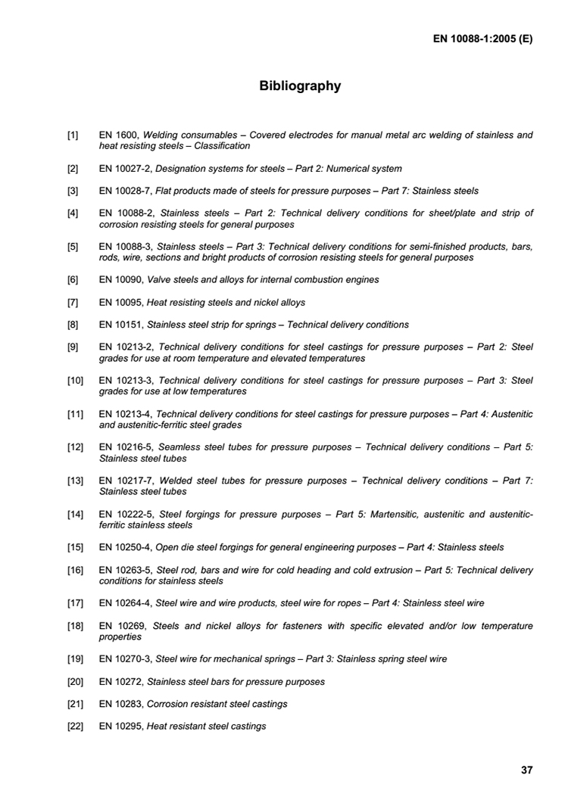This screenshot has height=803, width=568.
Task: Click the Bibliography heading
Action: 300,86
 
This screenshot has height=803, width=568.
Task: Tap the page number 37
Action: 526,770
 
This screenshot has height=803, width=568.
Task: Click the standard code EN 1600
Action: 119,135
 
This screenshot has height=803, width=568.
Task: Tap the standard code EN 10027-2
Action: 126,169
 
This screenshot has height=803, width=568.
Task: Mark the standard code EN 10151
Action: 121,325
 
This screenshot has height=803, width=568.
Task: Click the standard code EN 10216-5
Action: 127,448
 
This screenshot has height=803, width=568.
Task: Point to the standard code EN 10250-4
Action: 126,548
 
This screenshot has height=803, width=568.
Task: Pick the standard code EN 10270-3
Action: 126,659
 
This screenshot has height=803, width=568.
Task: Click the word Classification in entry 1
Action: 223,146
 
